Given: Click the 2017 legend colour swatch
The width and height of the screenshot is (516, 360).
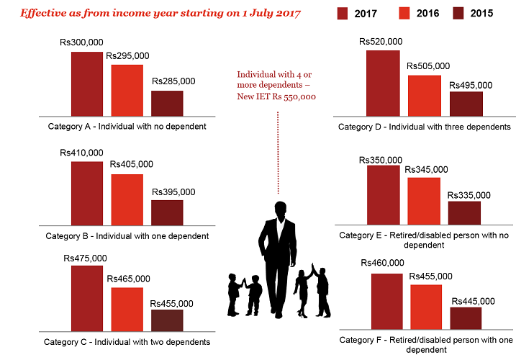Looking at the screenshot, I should [x=342, y=13].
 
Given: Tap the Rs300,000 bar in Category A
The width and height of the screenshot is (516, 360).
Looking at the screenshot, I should [x=86, y=83].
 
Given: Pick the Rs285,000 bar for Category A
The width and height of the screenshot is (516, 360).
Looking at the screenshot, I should [x=167, y=103].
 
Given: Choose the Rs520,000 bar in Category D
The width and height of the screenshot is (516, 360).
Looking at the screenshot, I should [x=384, y=83].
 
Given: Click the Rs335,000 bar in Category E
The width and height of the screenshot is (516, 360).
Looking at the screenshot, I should [x=464, y=212].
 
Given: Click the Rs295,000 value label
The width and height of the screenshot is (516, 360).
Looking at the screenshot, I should [x=127, y=55].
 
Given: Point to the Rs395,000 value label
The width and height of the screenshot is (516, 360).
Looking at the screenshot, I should [x=173, y=192].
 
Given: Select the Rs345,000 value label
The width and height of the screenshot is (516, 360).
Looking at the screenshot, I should [x=427, y=169].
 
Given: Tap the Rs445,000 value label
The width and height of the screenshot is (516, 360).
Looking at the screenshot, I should [x=473, y=300].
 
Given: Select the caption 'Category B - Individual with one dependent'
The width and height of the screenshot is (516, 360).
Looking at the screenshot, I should [x=127, y=235].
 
